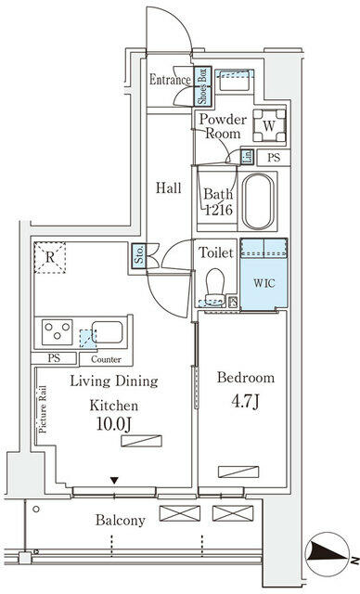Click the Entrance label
pyautogui.click(x=170, y=80)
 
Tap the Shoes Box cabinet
pyautogui.click(x=200, y=88)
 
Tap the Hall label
pyautogui.click(x=168, y=187)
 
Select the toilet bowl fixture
pyautogui.click(x=214, y=284)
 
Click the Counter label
pyautogui.click(x=106, y=358)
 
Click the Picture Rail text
pyautogui.click(x=43, y=408)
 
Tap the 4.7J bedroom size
pyautogui.click(x=246, y=405)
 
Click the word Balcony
pyautogui.click(x=120, y=521)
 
